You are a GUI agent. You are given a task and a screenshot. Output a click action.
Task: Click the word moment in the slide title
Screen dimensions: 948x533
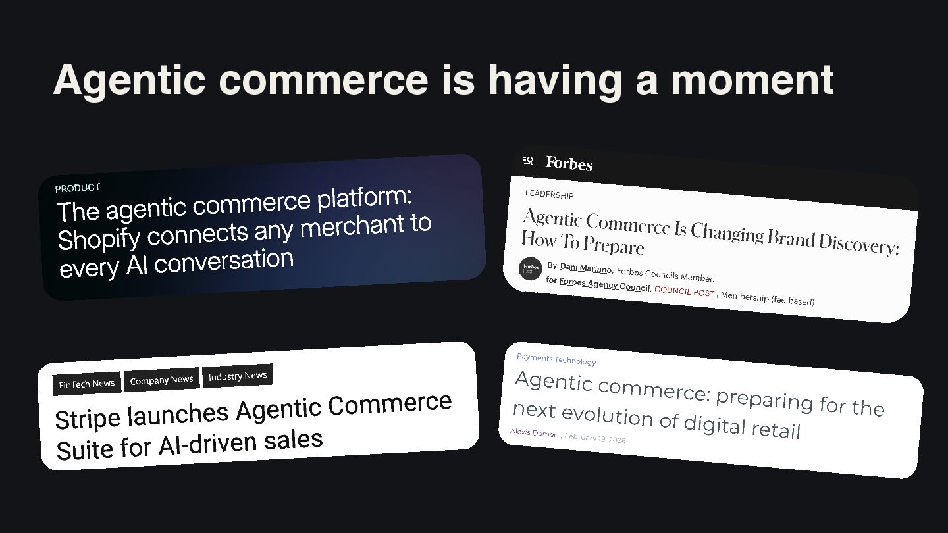752,80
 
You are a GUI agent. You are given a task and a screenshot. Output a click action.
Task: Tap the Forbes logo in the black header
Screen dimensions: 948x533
569,163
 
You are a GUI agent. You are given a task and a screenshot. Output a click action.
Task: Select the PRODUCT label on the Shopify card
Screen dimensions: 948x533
78,188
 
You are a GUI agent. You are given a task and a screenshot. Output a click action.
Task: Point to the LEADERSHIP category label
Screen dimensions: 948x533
549,194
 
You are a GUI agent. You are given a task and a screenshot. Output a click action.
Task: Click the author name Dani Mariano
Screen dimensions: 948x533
586,268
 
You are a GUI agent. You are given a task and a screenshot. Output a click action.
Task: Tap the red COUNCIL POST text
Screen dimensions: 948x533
684,292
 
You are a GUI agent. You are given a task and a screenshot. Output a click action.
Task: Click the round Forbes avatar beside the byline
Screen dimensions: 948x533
531,268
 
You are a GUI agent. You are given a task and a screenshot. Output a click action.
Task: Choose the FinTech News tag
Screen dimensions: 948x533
87,384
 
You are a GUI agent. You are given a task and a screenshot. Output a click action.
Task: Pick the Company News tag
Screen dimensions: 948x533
161,380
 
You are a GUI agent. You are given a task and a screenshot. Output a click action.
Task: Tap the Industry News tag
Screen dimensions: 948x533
238,376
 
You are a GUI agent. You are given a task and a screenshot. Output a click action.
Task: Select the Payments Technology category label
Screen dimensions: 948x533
556,359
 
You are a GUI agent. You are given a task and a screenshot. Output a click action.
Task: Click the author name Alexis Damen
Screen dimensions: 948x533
534,432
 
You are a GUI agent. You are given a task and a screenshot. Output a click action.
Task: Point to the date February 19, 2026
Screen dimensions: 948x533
594,438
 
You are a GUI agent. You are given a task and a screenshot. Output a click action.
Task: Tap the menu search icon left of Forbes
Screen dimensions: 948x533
528,161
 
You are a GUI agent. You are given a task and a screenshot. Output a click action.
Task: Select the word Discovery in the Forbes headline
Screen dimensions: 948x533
858,244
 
